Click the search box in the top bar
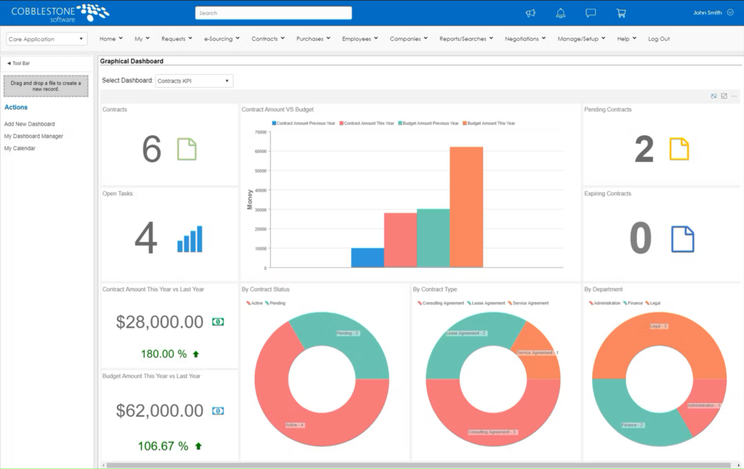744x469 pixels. tap(273, 13)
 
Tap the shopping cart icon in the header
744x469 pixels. tap(620, 13)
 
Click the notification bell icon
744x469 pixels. tap(560, 13)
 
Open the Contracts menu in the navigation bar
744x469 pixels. tap(267, 39)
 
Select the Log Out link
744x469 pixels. tap(658, 39)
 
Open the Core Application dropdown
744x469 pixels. tap(46, 39)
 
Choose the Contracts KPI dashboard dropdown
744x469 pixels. tap(194, 81)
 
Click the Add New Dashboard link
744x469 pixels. tap(29, 124)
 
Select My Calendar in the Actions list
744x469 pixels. tap(20, 148)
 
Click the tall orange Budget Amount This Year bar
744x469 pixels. tap(466, 207)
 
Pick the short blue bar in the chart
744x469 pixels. tap(367, 257)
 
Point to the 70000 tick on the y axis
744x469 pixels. tap(260, 132)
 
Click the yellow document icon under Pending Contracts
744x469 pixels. tap(679, 149)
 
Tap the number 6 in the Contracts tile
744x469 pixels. tap(151, 150)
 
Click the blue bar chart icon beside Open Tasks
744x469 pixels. tap(190, 239)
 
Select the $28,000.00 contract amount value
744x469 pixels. tap(159, 322)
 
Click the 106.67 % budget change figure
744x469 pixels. tap(163, 446)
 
